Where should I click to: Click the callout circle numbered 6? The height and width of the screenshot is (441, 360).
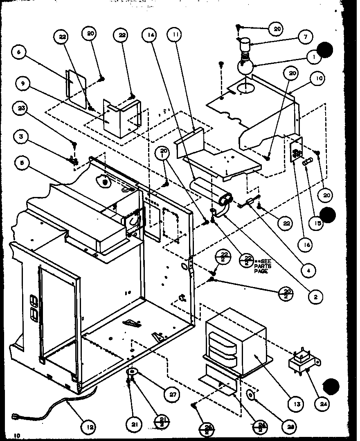click(19, 52)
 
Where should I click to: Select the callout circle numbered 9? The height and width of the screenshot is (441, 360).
click(23, 84)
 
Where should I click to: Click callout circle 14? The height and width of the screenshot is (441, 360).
click(149, 35)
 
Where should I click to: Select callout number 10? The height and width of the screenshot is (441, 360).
click(319, 78)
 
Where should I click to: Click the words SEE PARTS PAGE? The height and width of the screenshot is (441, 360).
click(262, 266)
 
